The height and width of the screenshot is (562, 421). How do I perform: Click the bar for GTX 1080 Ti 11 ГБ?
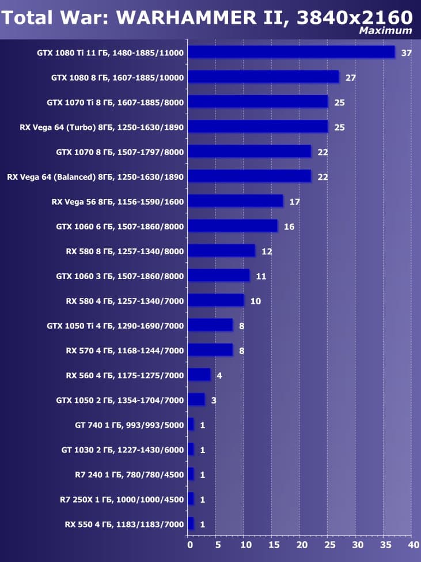[x=291, y=52]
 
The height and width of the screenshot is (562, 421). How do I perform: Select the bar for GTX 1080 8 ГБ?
[x=263, y=77]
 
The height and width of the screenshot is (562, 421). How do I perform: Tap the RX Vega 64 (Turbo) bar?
[x=257, y=127]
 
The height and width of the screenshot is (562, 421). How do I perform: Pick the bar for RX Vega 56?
[x=235, y=201]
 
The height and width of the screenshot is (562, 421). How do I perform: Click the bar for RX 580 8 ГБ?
[x=221, y=251]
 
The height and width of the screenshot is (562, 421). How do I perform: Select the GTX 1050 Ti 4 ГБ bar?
[x=210, y=326]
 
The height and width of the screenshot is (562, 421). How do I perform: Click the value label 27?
[x=351, y=78]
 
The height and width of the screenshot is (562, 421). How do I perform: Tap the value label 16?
[x=289, y=227]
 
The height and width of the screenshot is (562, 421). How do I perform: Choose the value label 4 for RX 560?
[x=219, y=376]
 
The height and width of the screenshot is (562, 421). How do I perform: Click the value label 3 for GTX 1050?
[x=214, y=400]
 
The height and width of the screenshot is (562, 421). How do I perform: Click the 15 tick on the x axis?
[x=273, y=544]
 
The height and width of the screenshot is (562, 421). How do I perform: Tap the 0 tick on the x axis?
[x=189, y=544]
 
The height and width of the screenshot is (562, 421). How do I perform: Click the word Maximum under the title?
[x=385, y=31]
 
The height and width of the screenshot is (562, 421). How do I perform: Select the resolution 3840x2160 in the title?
[x=355, y=17]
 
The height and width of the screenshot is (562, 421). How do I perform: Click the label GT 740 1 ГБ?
[x=129, y=425]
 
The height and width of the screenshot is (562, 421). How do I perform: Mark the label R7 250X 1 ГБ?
[x=122, y=499]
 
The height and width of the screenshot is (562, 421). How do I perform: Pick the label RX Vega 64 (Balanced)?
[x=95, y=177]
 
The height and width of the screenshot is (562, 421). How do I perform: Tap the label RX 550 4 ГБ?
[x=124, y=525]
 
